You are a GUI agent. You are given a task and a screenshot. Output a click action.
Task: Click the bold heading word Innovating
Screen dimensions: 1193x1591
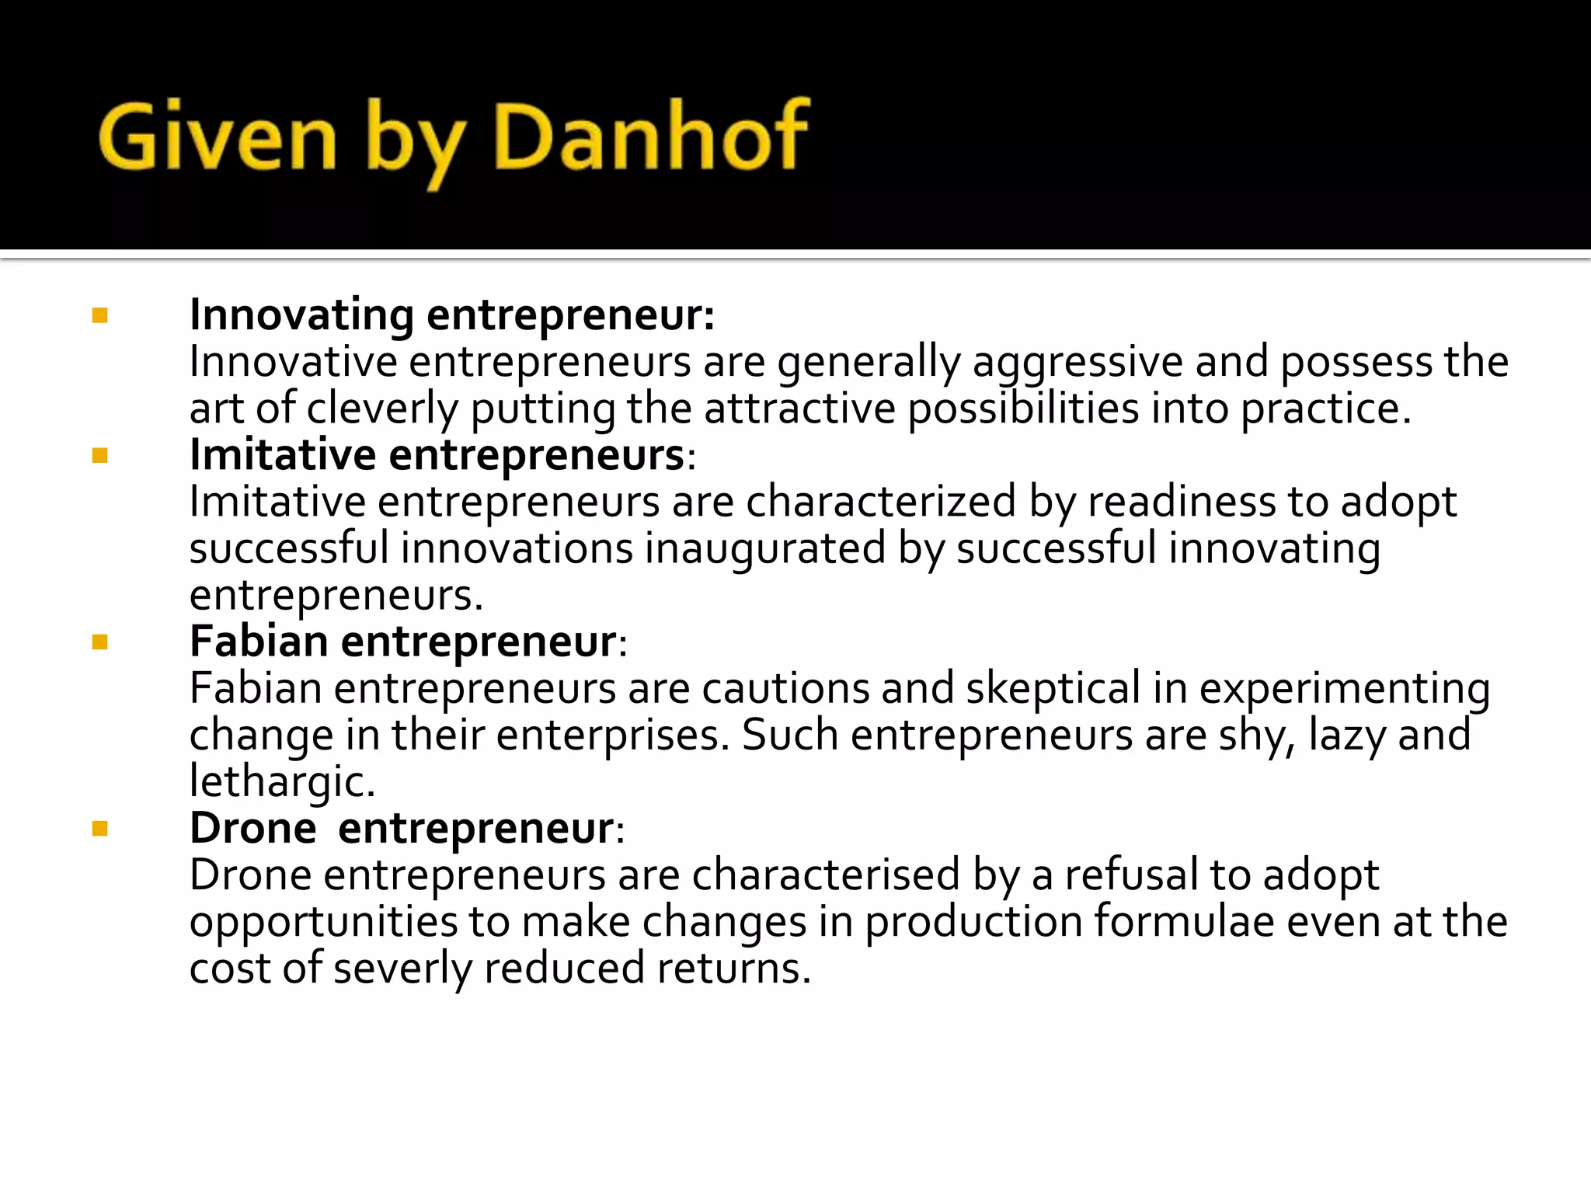coord(301,315)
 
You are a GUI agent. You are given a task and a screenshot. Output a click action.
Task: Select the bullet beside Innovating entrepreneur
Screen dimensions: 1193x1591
coord(99,315)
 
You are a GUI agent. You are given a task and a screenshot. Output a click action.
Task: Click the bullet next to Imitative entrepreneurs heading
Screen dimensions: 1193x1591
coord(99,455)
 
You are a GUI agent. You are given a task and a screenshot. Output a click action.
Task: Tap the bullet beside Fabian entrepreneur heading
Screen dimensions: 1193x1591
coord(99,642)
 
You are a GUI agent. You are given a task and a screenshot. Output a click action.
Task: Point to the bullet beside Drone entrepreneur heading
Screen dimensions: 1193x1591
coord(99,829)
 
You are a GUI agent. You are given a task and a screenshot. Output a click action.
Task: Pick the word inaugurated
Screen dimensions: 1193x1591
coord(765,549)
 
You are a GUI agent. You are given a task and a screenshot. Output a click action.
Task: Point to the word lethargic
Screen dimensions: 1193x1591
coord(282,782)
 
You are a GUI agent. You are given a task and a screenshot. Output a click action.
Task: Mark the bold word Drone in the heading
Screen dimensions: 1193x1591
coord(253,828)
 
